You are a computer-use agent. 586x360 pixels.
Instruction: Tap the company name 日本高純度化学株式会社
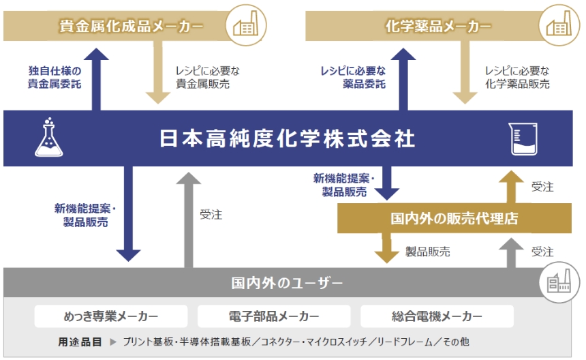coord(287,138)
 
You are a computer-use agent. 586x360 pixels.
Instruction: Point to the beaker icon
coord(523,138)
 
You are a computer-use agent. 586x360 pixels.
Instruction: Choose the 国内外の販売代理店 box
coord(454,218)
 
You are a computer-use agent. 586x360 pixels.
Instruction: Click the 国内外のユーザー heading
coord(287,283)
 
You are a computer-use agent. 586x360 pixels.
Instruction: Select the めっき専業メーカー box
coord(111,316)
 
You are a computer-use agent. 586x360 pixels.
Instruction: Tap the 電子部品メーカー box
coord(274,316)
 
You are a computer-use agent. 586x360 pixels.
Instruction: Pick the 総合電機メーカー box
coord(437,316)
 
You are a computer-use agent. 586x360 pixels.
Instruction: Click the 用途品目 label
coord(80,342)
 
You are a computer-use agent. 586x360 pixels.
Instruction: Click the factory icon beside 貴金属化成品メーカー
coord(246,25)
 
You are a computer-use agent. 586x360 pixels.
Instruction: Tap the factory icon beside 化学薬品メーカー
coord(559,25)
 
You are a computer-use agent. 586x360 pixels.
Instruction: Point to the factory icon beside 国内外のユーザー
coord(559,282)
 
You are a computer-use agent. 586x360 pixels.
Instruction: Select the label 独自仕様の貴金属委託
coord(55,77)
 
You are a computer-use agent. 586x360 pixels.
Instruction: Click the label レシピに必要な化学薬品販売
coord(517,77)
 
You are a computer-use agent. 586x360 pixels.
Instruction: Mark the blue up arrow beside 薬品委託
coord(403,79)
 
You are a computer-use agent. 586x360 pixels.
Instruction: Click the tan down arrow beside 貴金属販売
coord(157,72)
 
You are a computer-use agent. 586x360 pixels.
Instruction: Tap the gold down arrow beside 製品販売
coord(387,248)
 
